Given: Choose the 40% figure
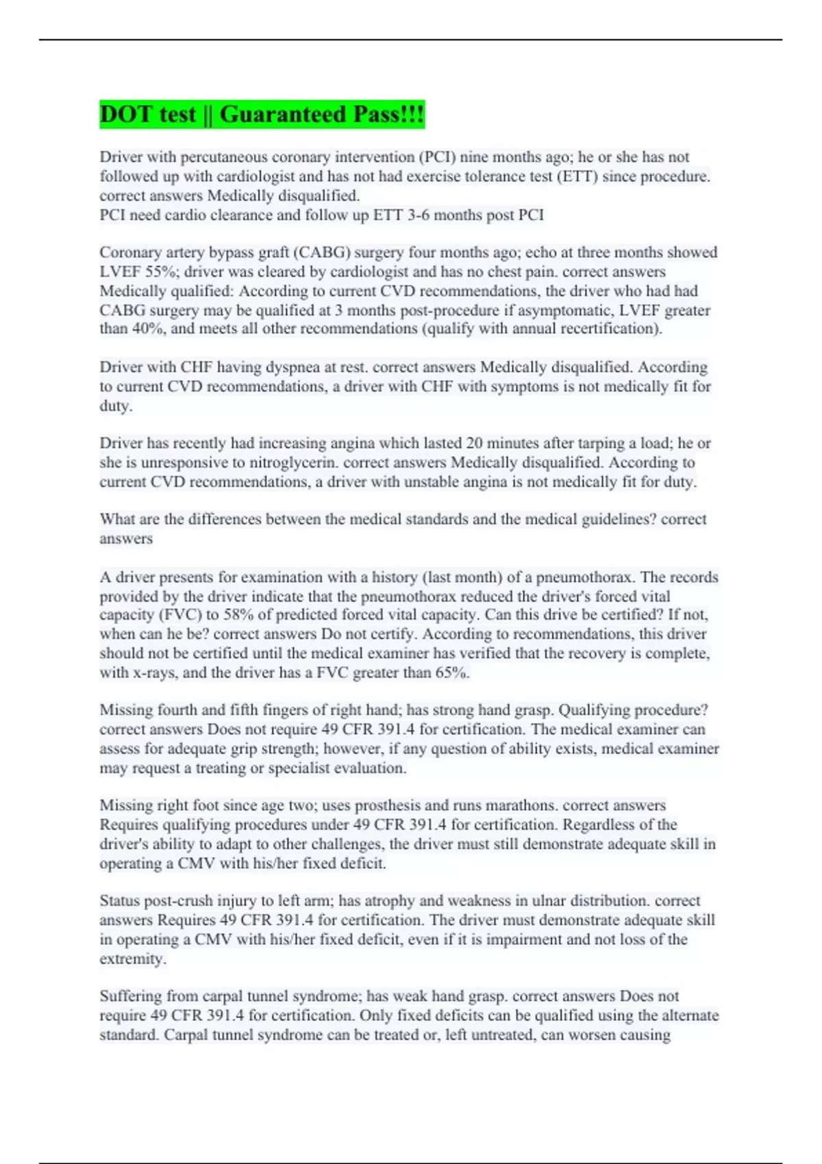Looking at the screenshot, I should pos(132,329).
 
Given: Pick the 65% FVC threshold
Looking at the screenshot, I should pos(452,672).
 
